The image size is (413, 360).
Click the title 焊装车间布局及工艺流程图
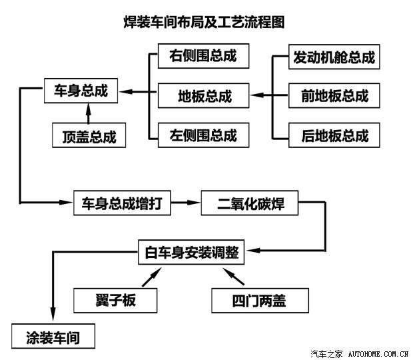point(205,21)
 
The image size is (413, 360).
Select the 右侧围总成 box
point(203,56)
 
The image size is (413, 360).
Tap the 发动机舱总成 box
point(334,57)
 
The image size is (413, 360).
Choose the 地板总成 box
point(203,95)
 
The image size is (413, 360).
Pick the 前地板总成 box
point(334,96)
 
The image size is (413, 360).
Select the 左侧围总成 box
point(203,135)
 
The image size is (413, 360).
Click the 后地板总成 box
point(334,135)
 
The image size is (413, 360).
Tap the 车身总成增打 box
point(122,203)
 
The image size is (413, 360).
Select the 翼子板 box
point(115,301)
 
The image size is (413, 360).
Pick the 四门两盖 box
point(260,301)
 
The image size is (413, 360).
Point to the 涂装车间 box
point(53,337)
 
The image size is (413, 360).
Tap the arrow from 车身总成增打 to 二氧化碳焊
point(186,203)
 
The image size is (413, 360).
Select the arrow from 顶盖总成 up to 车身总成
point(88,114)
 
